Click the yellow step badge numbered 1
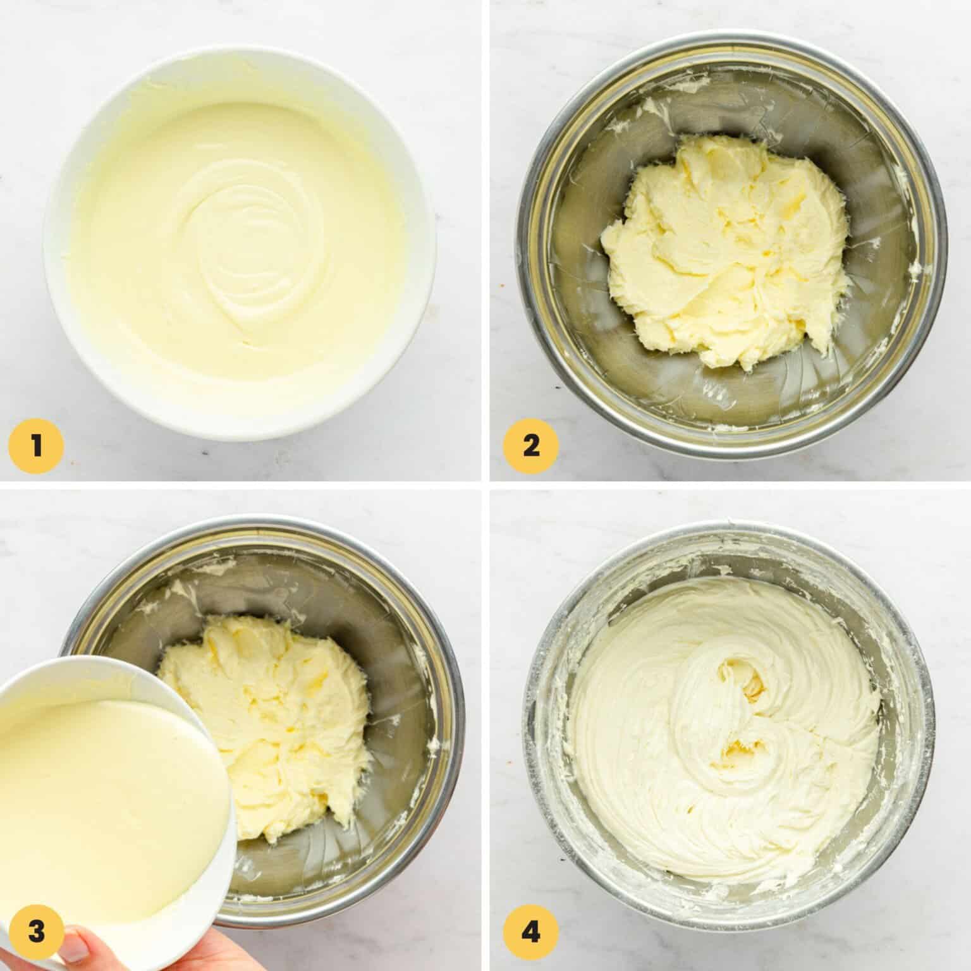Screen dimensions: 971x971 (x=36, y=447)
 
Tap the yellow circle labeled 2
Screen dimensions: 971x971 (x=531, y=447)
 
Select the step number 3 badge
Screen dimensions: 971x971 (x=36, y=932)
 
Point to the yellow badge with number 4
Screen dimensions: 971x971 (x=531, y=932)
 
